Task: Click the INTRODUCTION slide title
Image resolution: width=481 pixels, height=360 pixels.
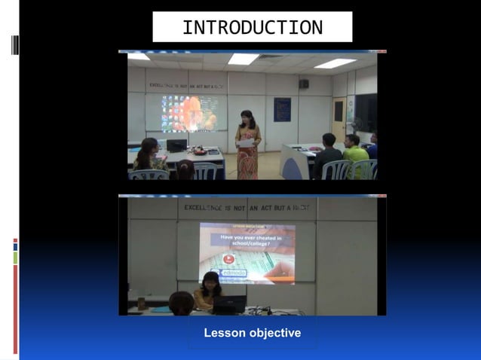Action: [x=252, y=28]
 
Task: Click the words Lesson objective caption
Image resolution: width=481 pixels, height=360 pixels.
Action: [x=252, y=333]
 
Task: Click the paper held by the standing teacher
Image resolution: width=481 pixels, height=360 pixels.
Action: [x=246, y=142]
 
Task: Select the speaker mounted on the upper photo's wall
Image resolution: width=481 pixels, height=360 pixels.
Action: [x=304, y=84]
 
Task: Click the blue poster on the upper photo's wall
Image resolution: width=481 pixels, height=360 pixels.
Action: [x=282, y=110]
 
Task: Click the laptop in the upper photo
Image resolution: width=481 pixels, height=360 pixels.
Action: [x=177, y=145]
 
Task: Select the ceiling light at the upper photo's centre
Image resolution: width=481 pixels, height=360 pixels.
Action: [x=243, y=59]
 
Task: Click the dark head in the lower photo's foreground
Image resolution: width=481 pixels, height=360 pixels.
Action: [x=181, y=304]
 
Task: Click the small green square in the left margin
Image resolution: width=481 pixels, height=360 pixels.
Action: [x=15, y=258]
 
